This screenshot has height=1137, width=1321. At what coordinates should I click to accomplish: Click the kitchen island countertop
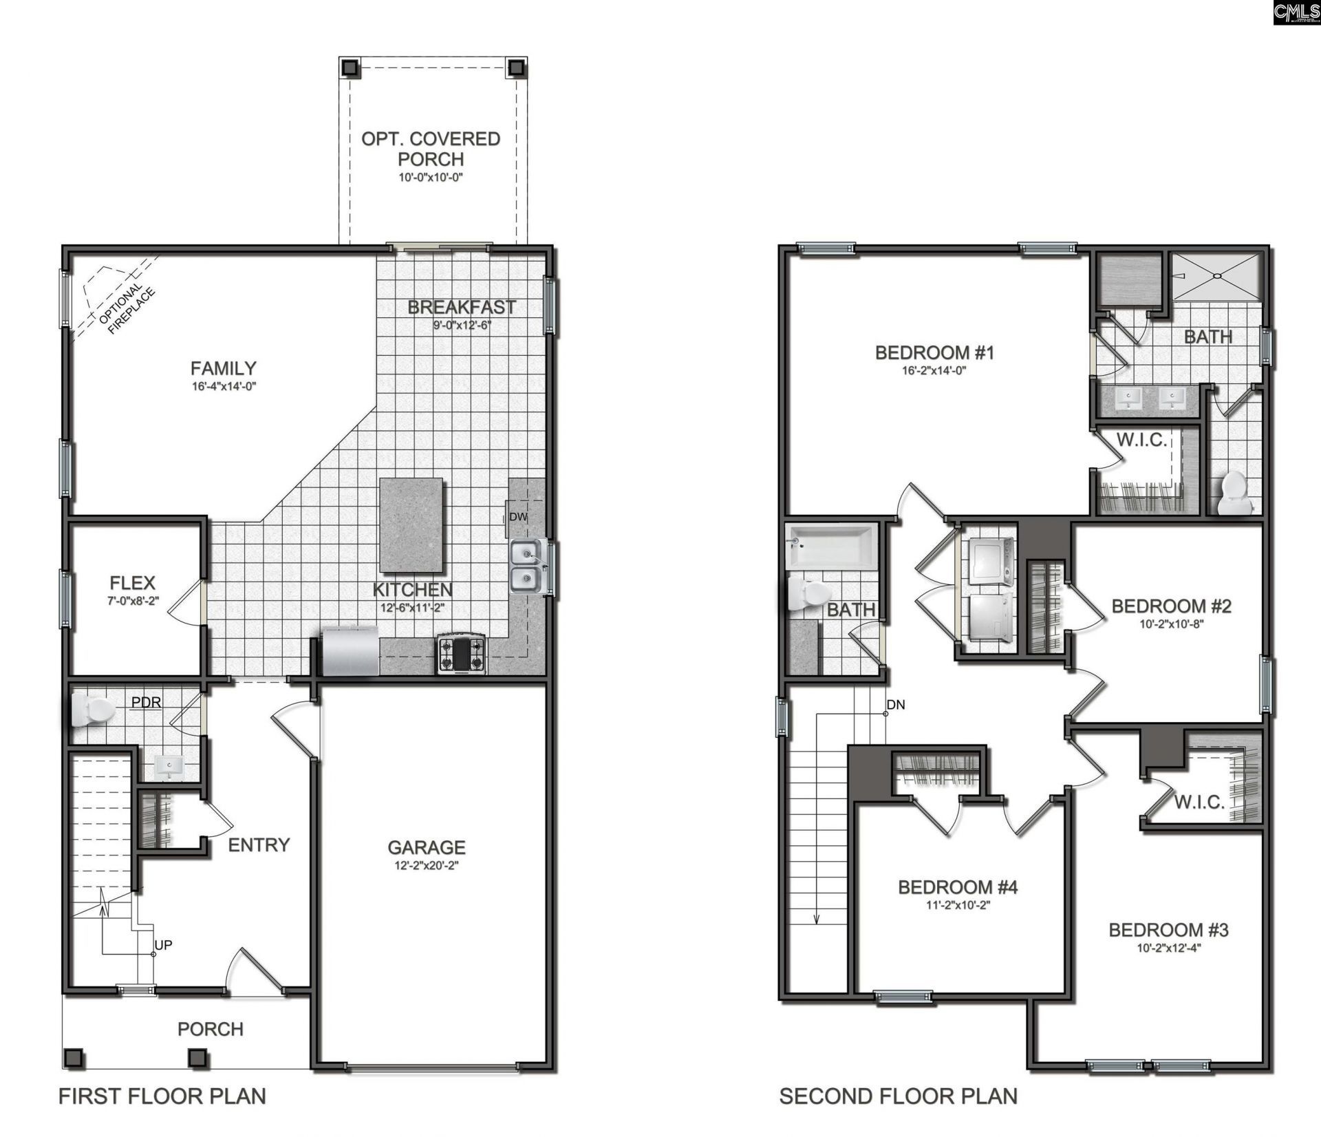411,526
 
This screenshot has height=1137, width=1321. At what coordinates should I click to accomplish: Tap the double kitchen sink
528,566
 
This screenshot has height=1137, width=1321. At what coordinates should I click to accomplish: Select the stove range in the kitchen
461,654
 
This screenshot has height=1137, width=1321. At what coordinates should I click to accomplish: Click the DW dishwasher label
518,517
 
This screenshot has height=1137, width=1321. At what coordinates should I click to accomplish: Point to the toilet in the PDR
93,710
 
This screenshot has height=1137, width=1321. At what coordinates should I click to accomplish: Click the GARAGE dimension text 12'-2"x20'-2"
427,865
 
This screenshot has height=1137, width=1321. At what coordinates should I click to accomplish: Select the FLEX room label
132,583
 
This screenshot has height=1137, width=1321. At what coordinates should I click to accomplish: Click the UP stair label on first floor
163,945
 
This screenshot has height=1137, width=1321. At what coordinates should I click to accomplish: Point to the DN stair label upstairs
896,705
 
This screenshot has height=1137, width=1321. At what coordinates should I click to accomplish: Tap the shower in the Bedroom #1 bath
1217,275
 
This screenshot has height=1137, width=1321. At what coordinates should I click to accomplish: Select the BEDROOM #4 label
958,887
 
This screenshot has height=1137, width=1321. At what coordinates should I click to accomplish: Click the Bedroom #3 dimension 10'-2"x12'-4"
1168,948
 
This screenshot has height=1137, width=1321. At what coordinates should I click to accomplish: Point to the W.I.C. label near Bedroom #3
1199,802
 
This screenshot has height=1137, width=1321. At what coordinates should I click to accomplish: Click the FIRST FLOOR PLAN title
162,1096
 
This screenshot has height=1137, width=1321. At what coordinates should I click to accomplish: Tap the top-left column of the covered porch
350,67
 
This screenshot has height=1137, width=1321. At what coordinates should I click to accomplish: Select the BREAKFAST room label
462,307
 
